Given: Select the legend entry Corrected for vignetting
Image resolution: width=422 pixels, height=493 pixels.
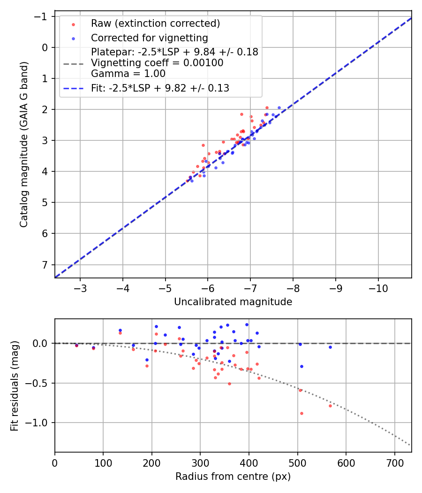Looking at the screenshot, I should point(149,38).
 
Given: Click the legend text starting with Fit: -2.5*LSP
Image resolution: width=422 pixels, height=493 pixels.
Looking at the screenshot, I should point(160,88).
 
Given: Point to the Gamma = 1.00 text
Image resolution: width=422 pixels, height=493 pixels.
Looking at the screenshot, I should point(128,73).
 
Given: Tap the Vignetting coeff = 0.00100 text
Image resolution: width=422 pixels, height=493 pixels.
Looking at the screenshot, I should point(157,63).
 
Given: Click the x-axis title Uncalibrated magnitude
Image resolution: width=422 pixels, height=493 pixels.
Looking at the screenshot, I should point(233,302).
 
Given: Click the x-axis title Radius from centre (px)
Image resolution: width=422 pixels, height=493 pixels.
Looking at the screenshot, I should point(233,477).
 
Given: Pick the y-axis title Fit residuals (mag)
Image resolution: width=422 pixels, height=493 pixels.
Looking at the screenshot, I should point(15,386).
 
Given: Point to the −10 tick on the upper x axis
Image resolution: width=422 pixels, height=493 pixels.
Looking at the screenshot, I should point(378,288).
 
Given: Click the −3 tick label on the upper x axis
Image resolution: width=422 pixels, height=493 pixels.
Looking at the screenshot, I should point(80,288).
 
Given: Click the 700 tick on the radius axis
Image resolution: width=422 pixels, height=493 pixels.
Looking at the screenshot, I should point(394,463).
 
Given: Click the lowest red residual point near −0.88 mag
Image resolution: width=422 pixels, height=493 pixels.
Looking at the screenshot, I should point(301,413).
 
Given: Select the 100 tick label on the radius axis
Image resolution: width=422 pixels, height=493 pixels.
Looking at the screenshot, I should point(103,463).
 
